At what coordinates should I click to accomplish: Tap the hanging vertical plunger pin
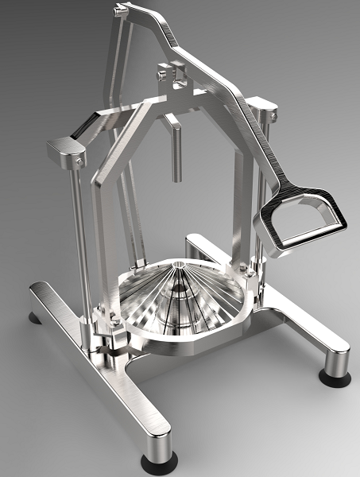(x=173, y=151)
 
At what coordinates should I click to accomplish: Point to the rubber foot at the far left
(x=36, y=318)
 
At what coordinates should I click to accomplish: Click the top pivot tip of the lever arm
(x=122, y=10)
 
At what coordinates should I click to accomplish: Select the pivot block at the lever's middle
(x=173, y=76)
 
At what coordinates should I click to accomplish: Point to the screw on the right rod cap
(x=273, y=117)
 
